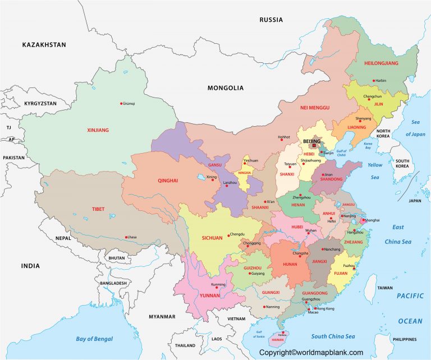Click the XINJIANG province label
click(98, 130)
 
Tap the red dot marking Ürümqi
click(121, 103)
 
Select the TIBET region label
click(98, 209)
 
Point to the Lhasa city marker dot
click(126, 237)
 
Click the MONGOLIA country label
click(226, 88)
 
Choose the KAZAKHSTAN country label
click(44, 44)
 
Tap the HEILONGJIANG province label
click(381, 63)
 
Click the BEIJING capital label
click(311, 141)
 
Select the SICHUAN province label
click(212, 238)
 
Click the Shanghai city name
click(372, 220)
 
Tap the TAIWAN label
click(385, 288)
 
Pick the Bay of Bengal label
click(94, 339)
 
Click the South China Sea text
click(334, 336)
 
